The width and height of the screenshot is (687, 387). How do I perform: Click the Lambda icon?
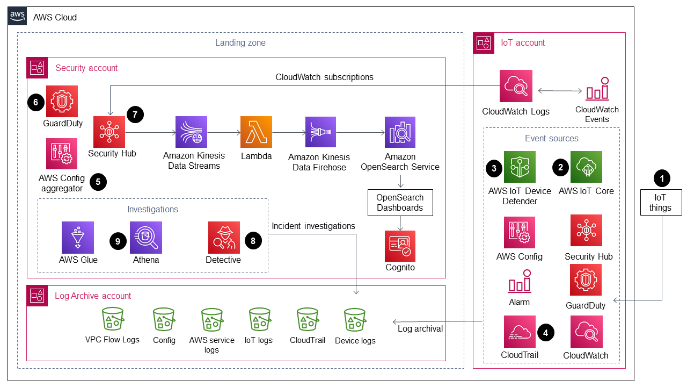point(257,132)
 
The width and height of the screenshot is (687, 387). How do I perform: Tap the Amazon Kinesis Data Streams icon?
point(192,132)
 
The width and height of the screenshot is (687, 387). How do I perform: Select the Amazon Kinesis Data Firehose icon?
point(320,132)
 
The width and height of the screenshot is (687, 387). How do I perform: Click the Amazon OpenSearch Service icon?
point(400,132)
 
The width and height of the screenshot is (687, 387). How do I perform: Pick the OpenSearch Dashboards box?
point(400,203)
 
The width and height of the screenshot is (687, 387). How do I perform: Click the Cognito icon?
point(400,246)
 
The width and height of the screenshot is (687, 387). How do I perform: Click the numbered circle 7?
point(135,114)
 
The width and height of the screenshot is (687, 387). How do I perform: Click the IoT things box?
point(660,203)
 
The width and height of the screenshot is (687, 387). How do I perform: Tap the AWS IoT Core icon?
point(586,167)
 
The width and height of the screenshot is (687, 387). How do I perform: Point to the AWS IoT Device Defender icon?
point(520,167)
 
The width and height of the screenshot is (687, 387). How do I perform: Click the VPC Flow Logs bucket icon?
point(112,319)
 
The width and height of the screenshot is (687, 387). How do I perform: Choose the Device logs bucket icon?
point(355,319)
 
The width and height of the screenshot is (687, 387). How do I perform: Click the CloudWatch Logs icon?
point(516,86)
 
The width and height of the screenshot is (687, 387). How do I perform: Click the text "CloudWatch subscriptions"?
point(324,77)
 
